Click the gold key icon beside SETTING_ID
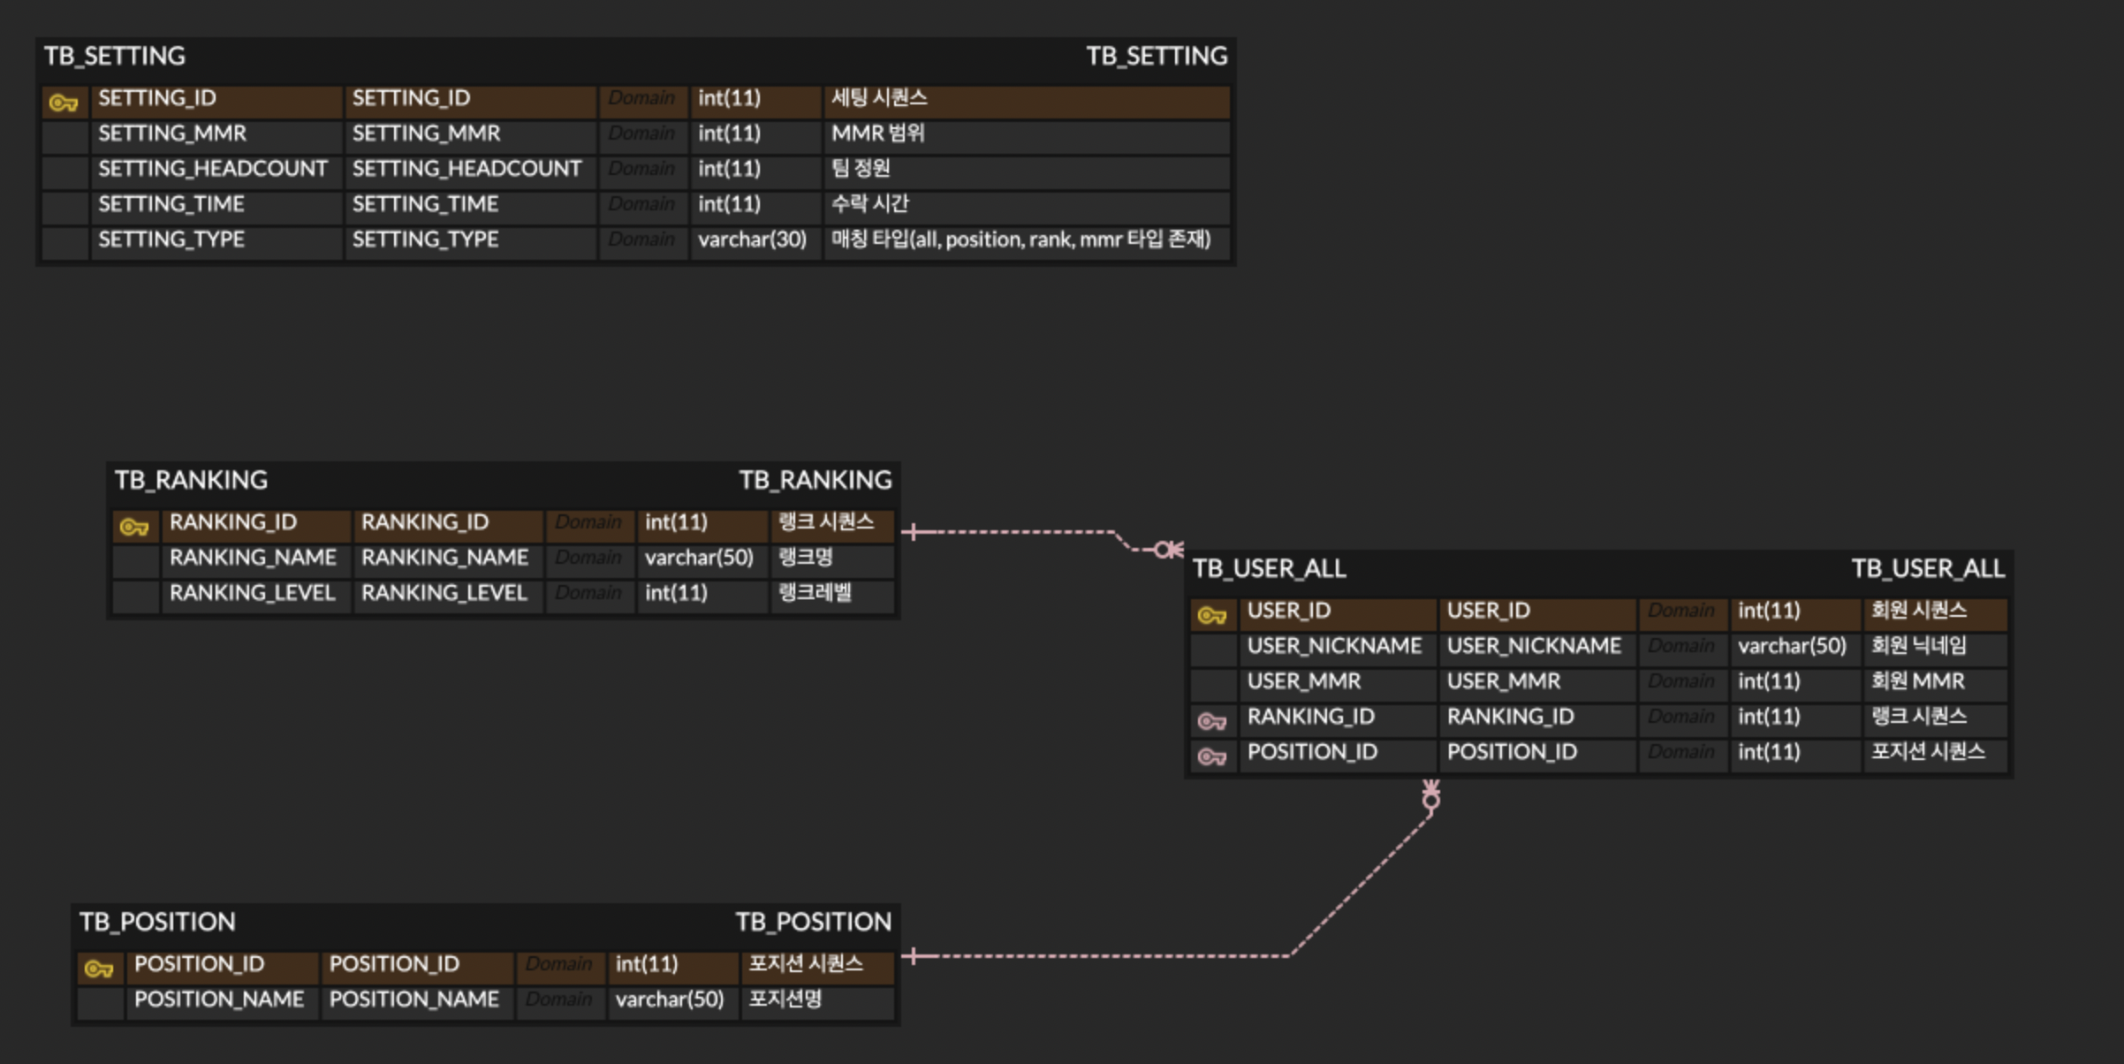(64, 103)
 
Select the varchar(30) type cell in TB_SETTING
(753, 239)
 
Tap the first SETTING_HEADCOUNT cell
(213, 169)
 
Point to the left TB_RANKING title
(191, 480)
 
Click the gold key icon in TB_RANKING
(134, 528)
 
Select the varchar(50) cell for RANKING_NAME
(699, 558)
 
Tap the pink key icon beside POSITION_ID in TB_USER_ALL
(1211, 756)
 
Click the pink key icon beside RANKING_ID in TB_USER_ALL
(1211, 721)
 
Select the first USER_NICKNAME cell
(1334, 646)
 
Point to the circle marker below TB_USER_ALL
(1431, 800)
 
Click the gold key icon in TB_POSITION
(99, 969)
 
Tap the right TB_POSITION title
(814, 922)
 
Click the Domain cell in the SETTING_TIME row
(641, 204)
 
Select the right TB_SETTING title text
(1157, 56)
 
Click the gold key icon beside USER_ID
(1211, 615)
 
